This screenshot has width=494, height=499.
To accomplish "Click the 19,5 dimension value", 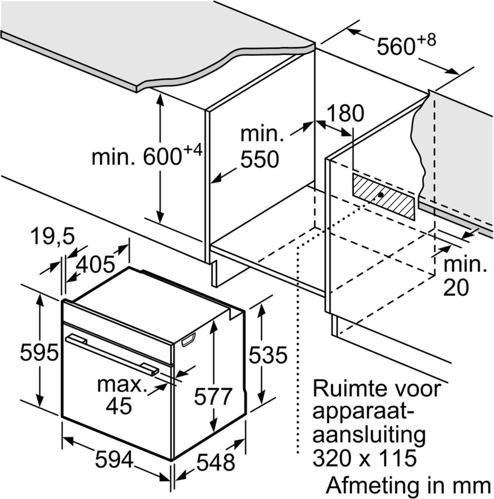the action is point(52,237).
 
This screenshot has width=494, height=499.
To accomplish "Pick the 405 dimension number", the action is point(96,264).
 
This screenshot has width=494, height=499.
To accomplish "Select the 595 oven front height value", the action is point(39,353).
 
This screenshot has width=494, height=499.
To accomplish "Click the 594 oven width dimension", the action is point(114,459).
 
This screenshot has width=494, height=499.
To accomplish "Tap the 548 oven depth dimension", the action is point(216,462).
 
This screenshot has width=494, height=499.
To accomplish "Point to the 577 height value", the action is point(212,396).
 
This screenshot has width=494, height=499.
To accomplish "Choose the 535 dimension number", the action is point(268,355).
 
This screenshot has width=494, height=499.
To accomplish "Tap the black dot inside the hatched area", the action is point(380,195).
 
